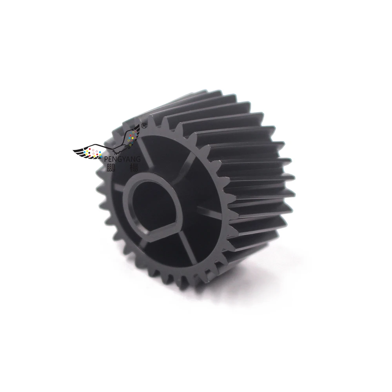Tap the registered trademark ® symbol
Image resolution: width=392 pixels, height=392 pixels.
143,126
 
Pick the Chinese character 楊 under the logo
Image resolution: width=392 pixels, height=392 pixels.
136,167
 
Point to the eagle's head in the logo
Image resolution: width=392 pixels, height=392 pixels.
118,148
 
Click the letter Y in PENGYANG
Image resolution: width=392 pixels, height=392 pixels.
125,158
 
